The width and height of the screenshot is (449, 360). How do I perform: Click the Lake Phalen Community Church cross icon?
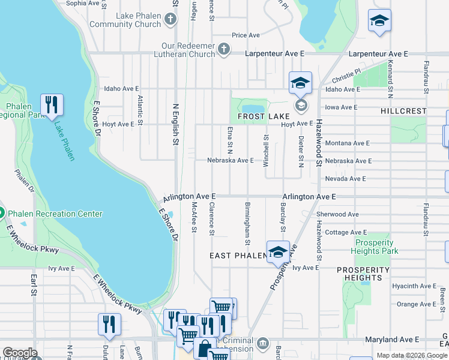(170, 19)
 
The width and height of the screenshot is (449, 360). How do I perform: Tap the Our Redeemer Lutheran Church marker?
(224, 49)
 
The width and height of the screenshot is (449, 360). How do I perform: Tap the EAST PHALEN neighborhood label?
(237, 256)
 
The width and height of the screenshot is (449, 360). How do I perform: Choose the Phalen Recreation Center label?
(55, 214)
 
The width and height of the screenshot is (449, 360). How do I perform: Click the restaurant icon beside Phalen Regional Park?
(52, 106)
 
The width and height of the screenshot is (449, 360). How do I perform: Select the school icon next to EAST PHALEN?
(278, 253)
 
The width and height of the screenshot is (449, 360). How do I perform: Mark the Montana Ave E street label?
(347, 143)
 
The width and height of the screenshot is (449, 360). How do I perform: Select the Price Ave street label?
(246, 35)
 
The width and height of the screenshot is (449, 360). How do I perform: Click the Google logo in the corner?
(20, 353)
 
